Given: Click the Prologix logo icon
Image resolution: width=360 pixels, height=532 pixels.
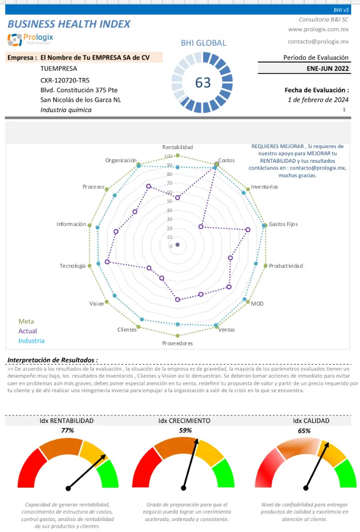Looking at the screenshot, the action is click(15, 40).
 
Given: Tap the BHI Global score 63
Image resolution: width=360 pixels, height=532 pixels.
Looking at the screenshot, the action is click(203, 82).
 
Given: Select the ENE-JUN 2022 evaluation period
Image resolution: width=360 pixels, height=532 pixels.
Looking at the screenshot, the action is click(328, 68).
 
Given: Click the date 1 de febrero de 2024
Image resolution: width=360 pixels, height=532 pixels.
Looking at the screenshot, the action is click(318, 100).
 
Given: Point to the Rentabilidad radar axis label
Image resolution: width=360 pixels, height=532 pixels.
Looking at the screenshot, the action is click(177, 147).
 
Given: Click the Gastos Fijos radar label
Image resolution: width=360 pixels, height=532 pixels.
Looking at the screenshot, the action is click(283, 224).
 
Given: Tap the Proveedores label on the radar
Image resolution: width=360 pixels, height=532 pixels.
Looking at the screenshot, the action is click(177, 343).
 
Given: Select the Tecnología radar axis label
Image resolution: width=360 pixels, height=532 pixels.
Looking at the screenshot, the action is click(73, 265).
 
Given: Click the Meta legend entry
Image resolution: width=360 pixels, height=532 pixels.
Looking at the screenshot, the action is click(26, 321).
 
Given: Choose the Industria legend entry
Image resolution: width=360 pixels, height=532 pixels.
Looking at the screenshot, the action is click(31, 341).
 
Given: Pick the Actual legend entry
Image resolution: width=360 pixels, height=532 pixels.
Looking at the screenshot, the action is click(28, 331).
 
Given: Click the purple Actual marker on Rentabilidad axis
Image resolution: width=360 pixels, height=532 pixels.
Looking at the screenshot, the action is click(177, 198).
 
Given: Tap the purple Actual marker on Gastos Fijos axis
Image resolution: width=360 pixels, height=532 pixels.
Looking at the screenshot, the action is click(248, 229).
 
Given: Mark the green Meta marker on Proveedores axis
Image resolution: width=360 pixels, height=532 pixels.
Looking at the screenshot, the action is click(177, 335).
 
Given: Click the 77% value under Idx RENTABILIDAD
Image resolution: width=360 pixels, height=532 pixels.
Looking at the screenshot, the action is click(67, 430).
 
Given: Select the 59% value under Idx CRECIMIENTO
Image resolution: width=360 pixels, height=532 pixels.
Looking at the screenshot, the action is click(185, 430).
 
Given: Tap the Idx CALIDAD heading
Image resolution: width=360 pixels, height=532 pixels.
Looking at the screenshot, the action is click(311, 421).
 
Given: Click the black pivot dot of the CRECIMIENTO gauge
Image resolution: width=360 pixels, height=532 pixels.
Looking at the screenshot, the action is click(184, 488).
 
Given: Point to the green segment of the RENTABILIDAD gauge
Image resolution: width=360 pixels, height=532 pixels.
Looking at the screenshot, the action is click(109, 473).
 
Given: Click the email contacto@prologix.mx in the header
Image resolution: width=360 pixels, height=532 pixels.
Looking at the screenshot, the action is click(318, 41).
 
